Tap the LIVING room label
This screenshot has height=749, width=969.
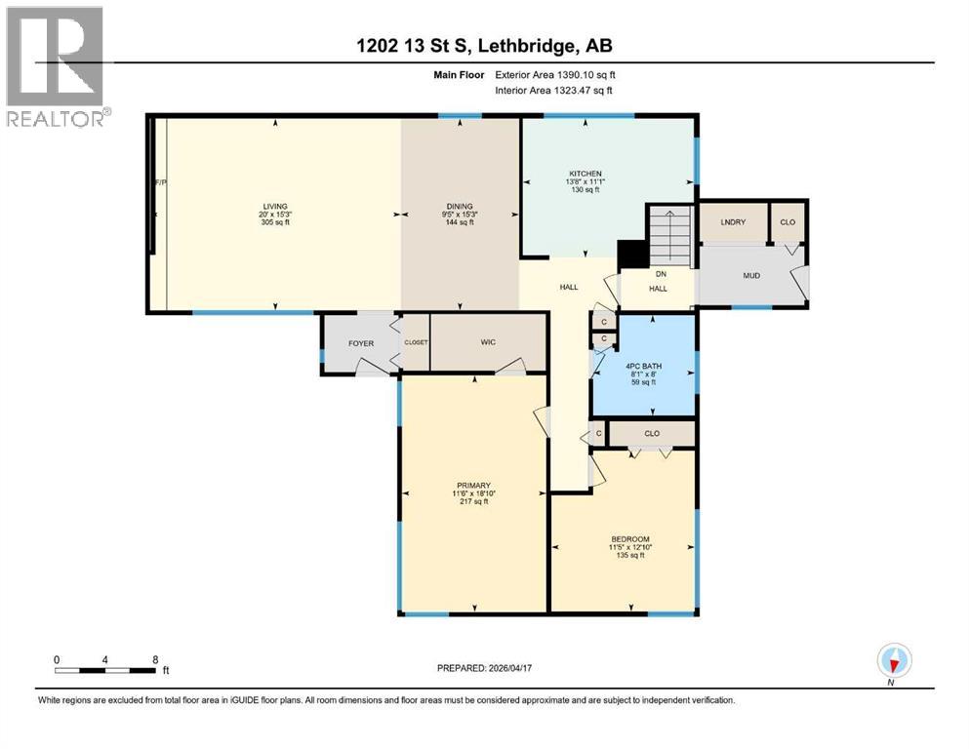[275, 207]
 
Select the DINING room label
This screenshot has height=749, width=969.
[460, 207]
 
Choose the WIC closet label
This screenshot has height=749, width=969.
[489, 343]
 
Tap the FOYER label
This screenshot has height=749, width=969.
[361, 343]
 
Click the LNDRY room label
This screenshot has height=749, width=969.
[733, 222]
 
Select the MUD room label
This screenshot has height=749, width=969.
[751, 275]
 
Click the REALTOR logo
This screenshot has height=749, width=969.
[56, 66]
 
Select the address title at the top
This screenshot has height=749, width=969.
[484, 45]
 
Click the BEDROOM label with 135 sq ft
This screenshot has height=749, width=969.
[629, 539]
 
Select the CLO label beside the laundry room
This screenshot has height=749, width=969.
[787, 222]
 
